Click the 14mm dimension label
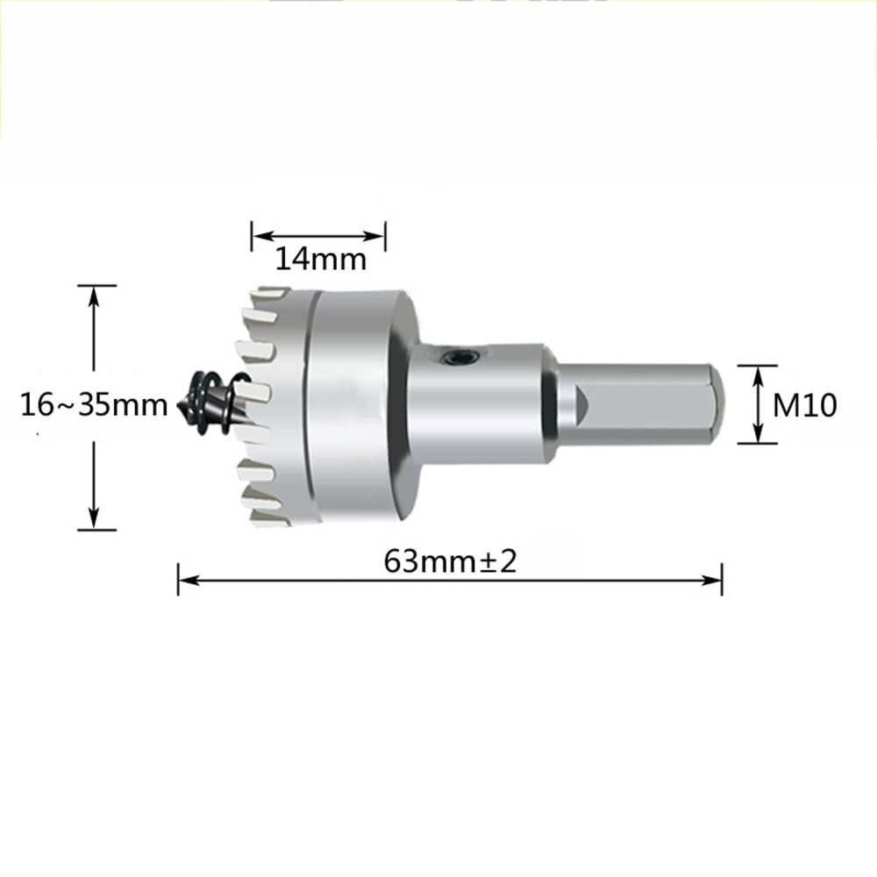(x=318, y=260)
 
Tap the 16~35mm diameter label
(x=95, y=405)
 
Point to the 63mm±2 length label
(x=450, y=561)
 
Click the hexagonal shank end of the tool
(x=640, y=405)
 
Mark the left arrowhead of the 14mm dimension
(x=261, y=235)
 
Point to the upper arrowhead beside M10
(x=759, y=374)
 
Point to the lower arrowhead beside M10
(x=759, y=435)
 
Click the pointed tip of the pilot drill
(x=181, y=406)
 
